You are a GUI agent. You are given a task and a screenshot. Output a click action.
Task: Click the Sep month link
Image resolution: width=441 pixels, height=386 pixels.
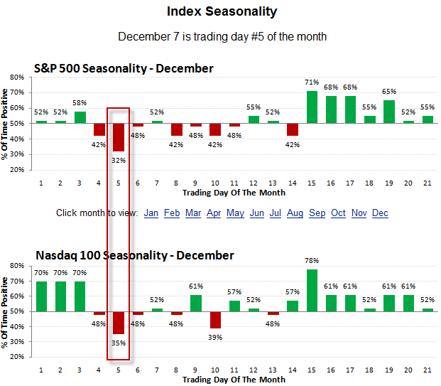[317, 213]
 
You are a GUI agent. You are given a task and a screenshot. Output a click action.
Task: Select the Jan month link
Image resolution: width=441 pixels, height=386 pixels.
[151, 213]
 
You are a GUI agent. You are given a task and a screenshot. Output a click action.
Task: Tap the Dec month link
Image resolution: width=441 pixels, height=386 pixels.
[380, 213]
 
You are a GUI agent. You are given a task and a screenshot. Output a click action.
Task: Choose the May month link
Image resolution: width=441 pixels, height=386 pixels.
[235, 213]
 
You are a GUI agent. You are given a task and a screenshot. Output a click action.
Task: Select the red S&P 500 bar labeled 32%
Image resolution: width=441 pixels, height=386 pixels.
[119, 136]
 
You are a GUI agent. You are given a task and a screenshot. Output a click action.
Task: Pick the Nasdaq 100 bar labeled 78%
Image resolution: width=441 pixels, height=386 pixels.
[312, 290]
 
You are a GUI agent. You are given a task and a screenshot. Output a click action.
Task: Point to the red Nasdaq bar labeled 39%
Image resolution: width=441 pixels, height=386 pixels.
[214, 320]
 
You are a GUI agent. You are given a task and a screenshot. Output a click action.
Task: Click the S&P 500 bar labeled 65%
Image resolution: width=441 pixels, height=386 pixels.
[389, 111]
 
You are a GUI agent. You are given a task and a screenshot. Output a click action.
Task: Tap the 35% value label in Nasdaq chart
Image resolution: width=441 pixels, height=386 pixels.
[119, 343]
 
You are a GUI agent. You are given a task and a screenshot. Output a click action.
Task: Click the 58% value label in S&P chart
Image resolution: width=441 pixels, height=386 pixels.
[80, 103]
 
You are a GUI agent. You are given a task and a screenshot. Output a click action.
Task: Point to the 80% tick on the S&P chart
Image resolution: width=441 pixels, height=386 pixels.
[16, 77]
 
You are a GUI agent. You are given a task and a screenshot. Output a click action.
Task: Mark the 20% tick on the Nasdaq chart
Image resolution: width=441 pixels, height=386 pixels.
[16, 357]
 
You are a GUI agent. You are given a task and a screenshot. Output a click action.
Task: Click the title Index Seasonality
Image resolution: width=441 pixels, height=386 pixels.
[222, 11]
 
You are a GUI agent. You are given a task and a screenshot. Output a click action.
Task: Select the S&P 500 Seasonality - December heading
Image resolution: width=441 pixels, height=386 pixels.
[124, 68]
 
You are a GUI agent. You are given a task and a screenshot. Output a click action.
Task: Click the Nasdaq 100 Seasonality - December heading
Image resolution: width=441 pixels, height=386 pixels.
[134, 255]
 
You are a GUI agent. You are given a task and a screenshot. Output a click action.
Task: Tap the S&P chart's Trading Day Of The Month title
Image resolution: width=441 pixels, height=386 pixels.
[234, 193]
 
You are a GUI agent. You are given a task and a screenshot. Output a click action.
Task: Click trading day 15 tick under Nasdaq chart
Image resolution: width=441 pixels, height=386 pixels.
[312, 370]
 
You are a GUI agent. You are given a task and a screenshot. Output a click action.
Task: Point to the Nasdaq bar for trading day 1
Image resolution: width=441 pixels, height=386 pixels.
[41, 296]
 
